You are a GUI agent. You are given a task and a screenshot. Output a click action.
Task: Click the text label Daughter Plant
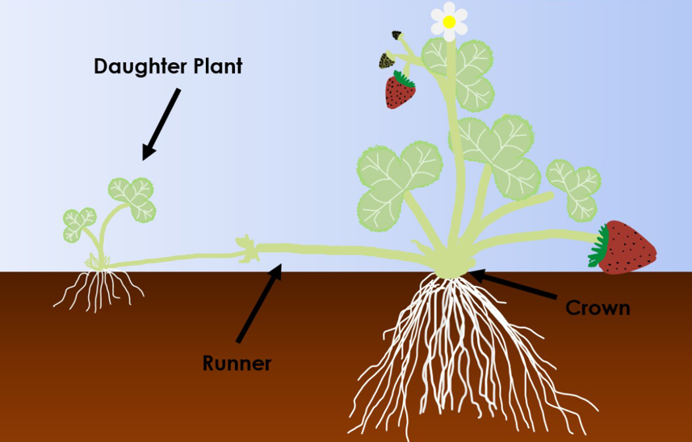click(168, 65)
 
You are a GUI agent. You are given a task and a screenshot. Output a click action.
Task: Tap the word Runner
click(236, 363)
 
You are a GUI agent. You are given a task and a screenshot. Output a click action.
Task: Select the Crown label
click(597, 308)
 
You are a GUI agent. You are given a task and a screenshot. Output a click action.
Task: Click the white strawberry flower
click(449, 21)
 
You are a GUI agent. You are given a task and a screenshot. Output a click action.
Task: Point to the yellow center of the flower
click(449, 23)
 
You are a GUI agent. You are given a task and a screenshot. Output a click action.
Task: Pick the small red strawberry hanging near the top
click(400, 91)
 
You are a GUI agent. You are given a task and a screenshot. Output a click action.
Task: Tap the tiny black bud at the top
click(396, 36)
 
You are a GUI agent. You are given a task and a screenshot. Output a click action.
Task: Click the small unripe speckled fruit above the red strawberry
click(386, 61)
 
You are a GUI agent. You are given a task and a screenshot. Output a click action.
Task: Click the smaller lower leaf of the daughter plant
click(79, 224)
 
